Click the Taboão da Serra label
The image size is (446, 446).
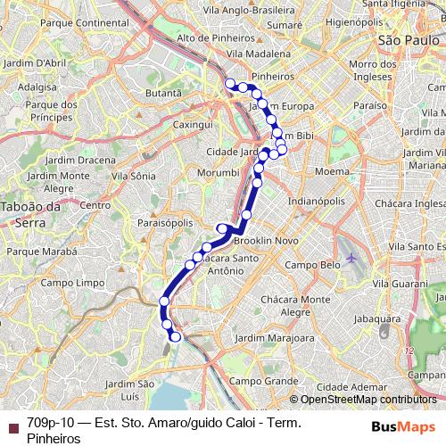click(29, 213)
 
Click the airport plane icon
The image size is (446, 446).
click(351, 258)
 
